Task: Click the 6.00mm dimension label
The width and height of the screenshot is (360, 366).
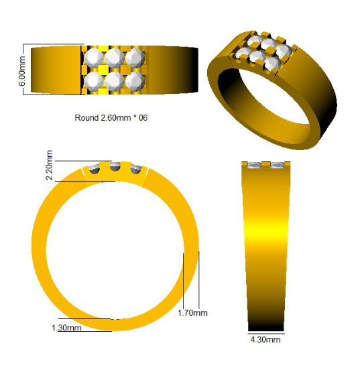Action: click(22, 71)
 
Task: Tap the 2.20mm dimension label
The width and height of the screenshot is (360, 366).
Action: click(49, 165)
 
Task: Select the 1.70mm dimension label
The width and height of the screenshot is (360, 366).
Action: click(192, 313)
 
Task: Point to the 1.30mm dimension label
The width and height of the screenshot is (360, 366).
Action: click(66, 328)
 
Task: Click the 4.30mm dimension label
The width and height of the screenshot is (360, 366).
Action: click(265, 339)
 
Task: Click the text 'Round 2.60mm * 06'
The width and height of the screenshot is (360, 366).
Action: click(111, 117)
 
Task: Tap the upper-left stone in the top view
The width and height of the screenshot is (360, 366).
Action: click(94, 58)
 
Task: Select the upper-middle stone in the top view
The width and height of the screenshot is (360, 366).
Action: click(114, 58)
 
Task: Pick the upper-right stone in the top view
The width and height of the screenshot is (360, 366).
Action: click(135, 58)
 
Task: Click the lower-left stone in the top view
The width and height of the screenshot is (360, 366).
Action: click(94, 81)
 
